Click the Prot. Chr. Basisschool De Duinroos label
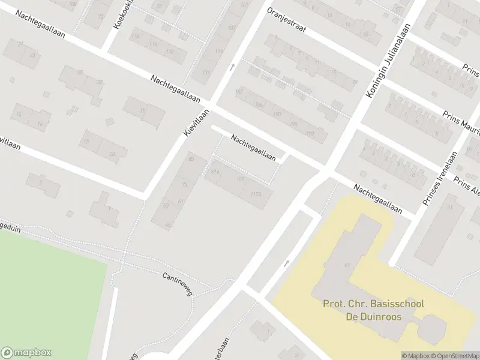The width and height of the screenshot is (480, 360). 373,310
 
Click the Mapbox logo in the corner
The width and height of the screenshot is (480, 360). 26,353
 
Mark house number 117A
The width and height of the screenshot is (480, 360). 257,194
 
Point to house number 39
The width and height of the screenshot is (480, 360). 143,110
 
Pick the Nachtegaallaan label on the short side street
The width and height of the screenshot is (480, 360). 253,148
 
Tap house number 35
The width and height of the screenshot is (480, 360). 80,73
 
